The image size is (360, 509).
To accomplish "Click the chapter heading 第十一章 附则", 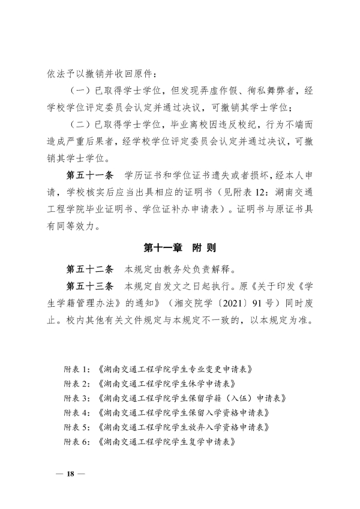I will tap(180, 247).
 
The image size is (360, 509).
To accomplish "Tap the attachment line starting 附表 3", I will tap(166, 398).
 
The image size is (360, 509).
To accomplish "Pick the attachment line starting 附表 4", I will tap(166, 412).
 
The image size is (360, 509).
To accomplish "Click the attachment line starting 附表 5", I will tap(166, 427).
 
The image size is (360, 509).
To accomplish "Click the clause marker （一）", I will tap(74, 92).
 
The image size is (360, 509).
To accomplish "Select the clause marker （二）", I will tap(74, 125).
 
